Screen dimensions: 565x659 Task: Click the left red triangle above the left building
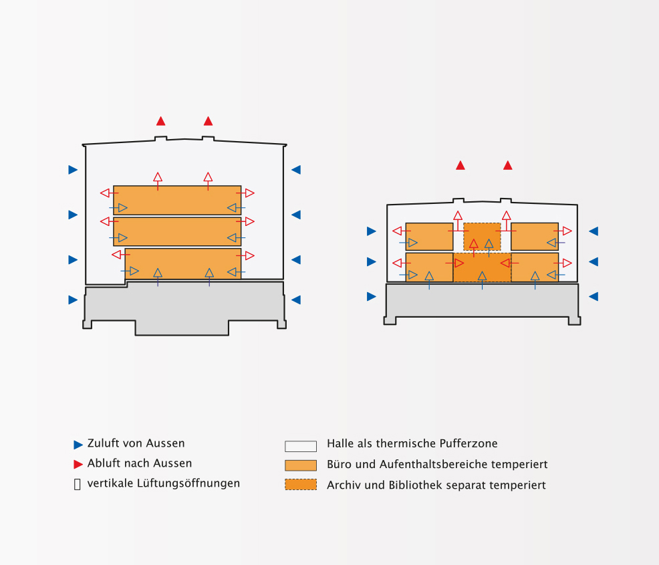(160, 121)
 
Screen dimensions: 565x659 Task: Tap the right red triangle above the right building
(508, 165)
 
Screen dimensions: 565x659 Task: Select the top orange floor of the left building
(177, 200)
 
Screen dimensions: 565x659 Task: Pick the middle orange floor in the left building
(177, 231)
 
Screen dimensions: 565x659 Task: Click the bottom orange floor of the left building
(182, 263)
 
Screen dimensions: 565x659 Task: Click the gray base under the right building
(482, 300)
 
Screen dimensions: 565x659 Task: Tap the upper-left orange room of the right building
(429, 236)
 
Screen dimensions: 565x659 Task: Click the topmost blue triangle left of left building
(73, 170)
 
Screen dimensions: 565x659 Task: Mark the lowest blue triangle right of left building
(296, 300)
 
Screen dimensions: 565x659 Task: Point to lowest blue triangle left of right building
(371, 296)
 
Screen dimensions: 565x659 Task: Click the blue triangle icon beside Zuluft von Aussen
(78, 445)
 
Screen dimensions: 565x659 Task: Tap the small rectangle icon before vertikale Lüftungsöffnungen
(77, 484)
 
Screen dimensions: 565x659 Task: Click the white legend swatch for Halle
(301, 446)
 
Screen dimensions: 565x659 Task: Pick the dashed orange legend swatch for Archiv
(301, 485)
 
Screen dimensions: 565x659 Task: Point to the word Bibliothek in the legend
(418, 485)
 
